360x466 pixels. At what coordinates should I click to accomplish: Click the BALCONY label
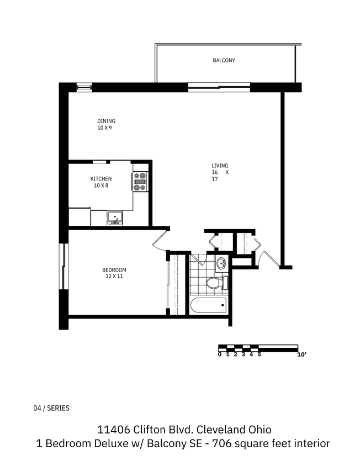coord(224,60)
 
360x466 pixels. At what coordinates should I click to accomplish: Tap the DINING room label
coord(106,121)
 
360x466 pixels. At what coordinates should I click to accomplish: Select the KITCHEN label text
coord(101,178)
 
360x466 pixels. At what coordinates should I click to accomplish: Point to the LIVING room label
coord(220,166)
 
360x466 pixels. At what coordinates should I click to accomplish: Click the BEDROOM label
coord(114,270)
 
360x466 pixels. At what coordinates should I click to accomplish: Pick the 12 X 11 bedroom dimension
coord(114,277)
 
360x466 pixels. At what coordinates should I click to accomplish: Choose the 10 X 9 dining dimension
coord(104,128)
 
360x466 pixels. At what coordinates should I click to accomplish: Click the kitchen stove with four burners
coord(140,181)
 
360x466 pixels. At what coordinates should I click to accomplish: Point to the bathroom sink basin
coord(221,262)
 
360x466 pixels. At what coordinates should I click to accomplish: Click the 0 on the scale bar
coord(220,354)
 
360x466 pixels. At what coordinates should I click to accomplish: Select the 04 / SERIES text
coord(51,408)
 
